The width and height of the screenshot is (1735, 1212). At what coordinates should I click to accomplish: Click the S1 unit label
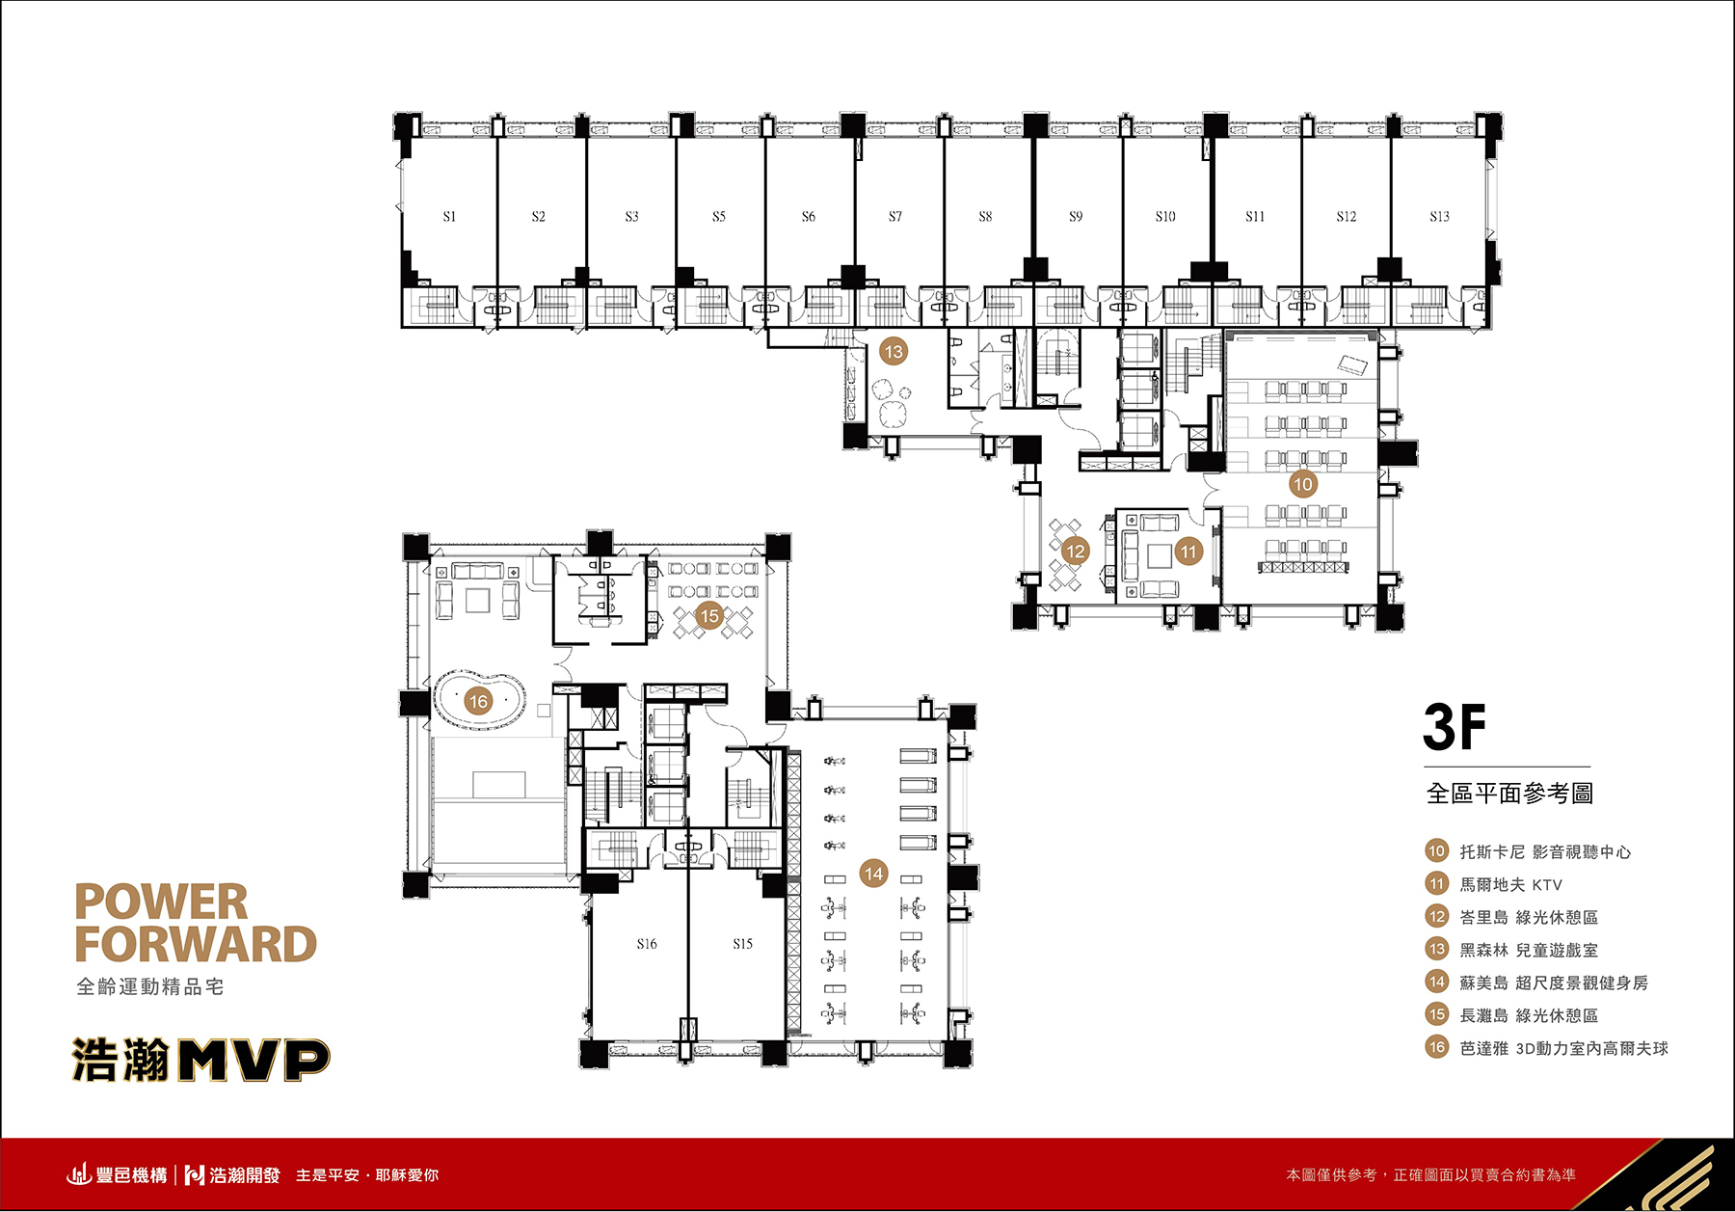449,217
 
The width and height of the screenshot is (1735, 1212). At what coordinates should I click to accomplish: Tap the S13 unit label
1439,217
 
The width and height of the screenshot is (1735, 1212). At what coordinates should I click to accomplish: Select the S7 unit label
895,217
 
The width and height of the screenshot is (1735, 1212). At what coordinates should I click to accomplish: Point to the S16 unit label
647,944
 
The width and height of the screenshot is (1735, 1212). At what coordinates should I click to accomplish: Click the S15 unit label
742,944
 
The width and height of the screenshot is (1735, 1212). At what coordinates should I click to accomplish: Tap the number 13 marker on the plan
894,352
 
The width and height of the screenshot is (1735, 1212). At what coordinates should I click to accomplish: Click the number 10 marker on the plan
1303,484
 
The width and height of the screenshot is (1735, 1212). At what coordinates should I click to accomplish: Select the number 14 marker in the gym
873,874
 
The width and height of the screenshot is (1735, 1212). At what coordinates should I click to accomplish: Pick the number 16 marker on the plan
479,701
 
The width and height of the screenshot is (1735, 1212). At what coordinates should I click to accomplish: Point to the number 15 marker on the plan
709,616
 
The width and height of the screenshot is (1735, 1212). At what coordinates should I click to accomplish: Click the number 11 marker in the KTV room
1188,552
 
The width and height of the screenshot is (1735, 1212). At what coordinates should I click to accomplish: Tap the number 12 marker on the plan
1075,552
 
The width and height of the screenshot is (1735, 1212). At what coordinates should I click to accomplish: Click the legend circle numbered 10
1437,850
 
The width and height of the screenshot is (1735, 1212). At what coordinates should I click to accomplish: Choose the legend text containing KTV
1510,884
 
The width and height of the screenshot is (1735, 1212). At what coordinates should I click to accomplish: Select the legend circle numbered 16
1437,1047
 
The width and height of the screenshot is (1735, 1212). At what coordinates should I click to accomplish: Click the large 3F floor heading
1455,727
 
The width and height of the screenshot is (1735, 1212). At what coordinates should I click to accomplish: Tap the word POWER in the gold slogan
161,902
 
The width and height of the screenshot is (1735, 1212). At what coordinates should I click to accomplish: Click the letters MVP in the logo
254,1060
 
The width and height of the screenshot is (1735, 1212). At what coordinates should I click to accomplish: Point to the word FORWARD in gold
196,944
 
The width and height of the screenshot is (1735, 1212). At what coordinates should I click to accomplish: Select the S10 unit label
1165,217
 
